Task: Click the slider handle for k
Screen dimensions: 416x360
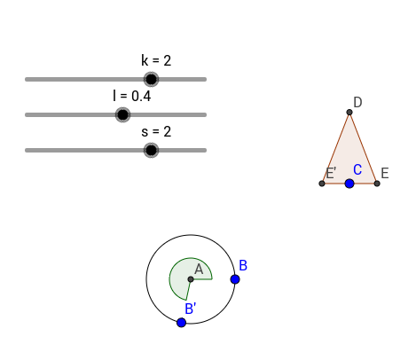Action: point(151,79)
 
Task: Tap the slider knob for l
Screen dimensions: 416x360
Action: point(122,114)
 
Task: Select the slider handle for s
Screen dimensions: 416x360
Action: point(151,150)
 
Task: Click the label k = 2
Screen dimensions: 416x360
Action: point(156,60)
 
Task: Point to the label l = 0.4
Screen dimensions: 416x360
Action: point(132,96)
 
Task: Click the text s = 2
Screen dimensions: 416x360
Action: point(156,131)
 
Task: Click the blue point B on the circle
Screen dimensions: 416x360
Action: point(235,279)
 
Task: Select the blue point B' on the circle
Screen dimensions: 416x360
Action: point(181,323)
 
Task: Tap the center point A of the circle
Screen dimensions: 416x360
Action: point(191,279)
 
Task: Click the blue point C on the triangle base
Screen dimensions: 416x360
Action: point(349,184)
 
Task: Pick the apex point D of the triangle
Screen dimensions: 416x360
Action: point(349,112)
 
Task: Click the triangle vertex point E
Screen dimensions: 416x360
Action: point(377,184)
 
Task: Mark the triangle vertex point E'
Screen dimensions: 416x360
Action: point(322,184)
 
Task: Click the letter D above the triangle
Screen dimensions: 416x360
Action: point(357,102)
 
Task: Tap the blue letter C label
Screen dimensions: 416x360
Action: point(357,169)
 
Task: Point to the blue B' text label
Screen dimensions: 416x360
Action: point(190,309)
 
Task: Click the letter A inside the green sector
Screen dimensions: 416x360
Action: point(199,270)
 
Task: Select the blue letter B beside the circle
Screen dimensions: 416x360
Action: point(243,265)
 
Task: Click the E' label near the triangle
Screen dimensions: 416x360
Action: point(331,173)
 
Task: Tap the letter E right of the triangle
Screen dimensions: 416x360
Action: point(385,173)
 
